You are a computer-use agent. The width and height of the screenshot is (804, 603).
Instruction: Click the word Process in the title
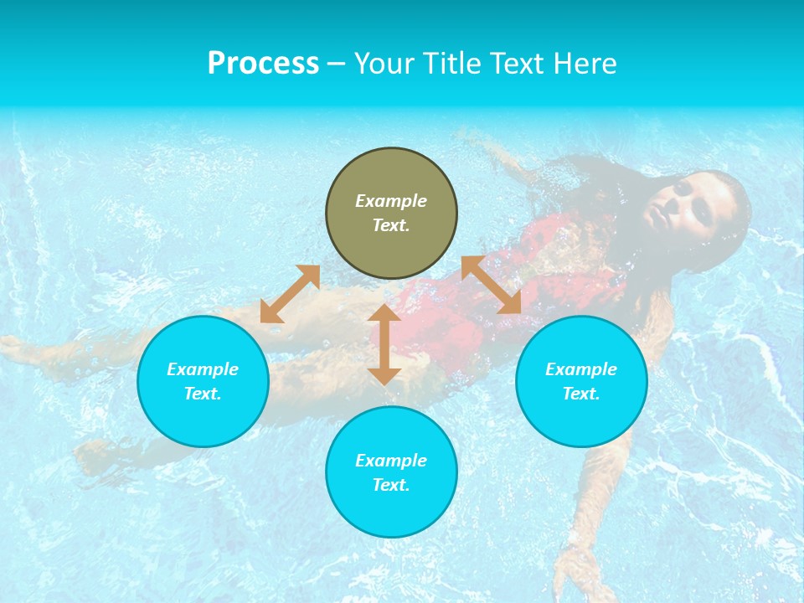263,64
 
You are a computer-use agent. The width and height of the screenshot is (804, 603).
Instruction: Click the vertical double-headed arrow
384,344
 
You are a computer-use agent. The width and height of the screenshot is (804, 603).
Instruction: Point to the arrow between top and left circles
290,294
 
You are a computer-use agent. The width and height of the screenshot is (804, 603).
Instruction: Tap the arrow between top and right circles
491,285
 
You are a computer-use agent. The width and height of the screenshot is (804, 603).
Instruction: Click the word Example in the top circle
391,201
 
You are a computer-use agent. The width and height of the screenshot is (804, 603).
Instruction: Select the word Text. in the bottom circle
391,485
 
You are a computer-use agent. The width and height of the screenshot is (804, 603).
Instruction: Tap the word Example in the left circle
203,369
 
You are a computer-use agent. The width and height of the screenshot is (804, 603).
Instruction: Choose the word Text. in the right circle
581,394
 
